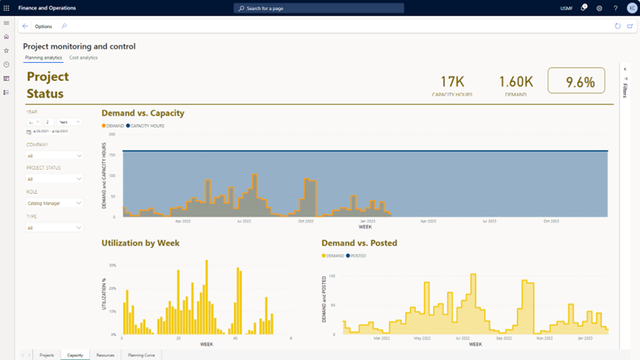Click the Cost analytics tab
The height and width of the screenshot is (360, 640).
coord(83,57)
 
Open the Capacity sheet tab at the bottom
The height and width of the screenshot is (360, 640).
coord(75,355)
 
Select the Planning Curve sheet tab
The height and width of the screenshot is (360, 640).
coord(141,355)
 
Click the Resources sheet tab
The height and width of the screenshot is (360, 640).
coord(105,355)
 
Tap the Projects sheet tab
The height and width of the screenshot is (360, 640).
coord(46,355)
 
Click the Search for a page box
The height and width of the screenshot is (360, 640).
coord(319,8)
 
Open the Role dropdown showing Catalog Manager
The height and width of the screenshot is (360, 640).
coord(54,203)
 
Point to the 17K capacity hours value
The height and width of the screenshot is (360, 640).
coord(452,81)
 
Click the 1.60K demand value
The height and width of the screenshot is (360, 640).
coord(515,81)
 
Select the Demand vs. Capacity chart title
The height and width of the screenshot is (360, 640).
coord(143,113)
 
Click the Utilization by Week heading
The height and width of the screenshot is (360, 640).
coord(140,243)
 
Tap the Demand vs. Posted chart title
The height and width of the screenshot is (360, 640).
coord(359,243)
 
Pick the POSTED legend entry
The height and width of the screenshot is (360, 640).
coord(357,256)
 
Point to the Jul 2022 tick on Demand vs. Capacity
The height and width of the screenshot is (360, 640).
coord(243,220)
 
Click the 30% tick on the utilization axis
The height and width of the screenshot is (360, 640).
coord(112,265)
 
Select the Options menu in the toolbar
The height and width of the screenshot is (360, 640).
coord(43,26)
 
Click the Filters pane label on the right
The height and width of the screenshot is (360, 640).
coord(625,90)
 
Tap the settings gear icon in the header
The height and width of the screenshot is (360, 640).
coord(599,8)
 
